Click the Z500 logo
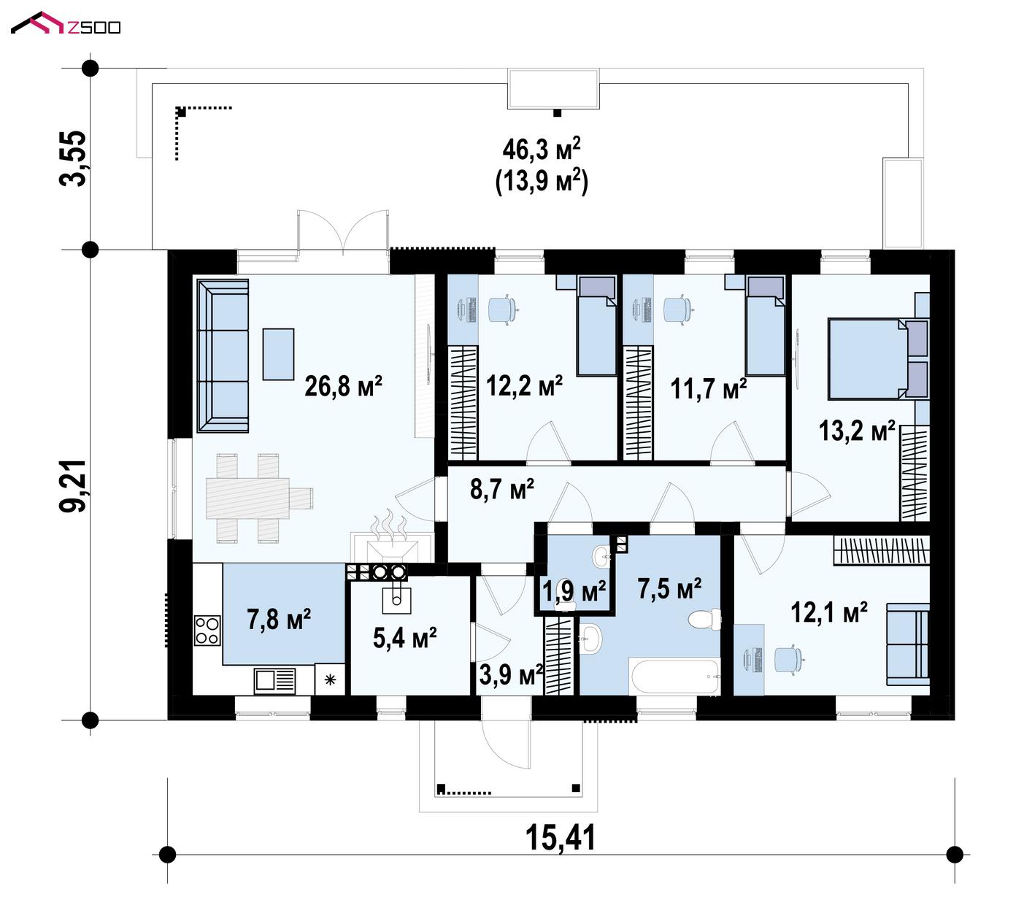(x=66, y=23)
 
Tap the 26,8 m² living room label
(x=343, y=386)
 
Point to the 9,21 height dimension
(x=73, y=486)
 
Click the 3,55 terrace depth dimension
(x=73, y=159)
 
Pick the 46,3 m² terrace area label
(x=542, y=149)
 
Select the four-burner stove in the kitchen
(x=207, y=631)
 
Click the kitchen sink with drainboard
(x=274, y=681)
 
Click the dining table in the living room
(x=247, y=497)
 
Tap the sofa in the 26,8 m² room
(x=223, y=355)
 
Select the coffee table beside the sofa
(x=278, y=354)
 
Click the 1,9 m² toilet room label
(x=574, y=591)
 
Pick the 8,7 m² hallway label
(x=502, y=489)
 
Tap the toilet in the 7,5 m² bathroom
(x=704, y=620)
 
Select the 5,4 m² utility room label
(x=405, y=638)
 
